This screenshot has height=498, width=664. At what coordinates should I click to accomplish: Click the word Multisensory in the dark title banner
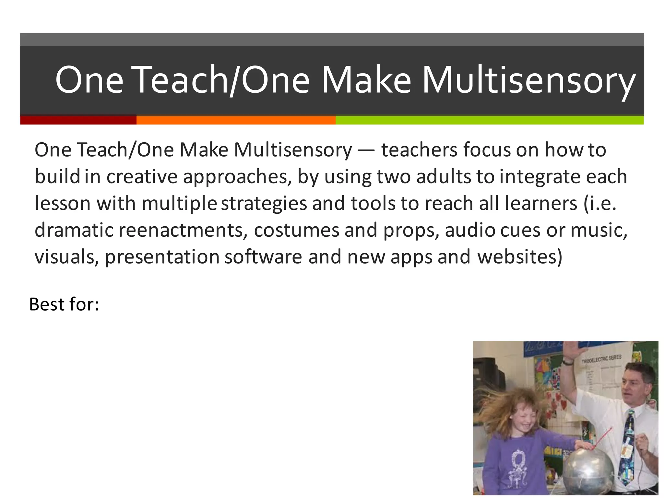[x=528, y=80]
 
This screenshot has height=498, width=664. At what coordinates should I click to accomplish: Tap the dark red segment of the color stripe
[x=78, y=120]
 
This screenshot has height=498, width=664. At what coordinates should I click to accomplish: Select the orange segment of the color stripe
[x=236, y=120]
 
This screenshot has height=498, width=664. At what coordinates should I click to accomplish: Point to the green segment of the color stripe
[x=489, y=120]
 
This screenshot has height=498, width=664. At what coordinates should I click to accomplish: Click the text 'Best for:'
[x=64, y=304]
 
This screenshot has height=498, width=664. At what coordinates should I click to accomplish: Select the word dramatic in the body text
[x=74, y=230]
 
